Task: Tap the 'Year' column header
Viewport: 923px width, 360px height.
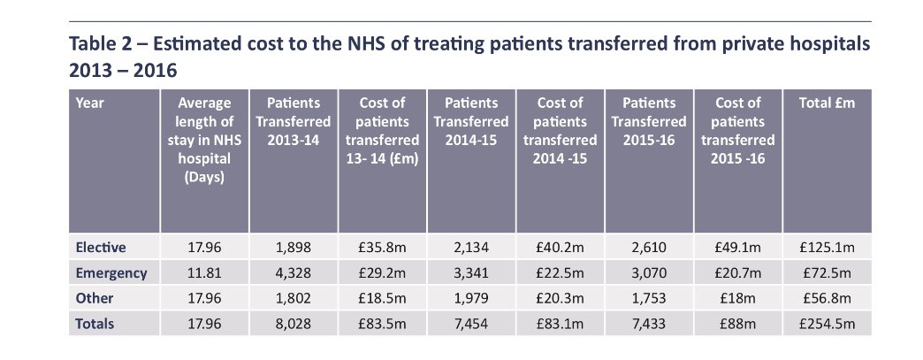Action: coord(89,103)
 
